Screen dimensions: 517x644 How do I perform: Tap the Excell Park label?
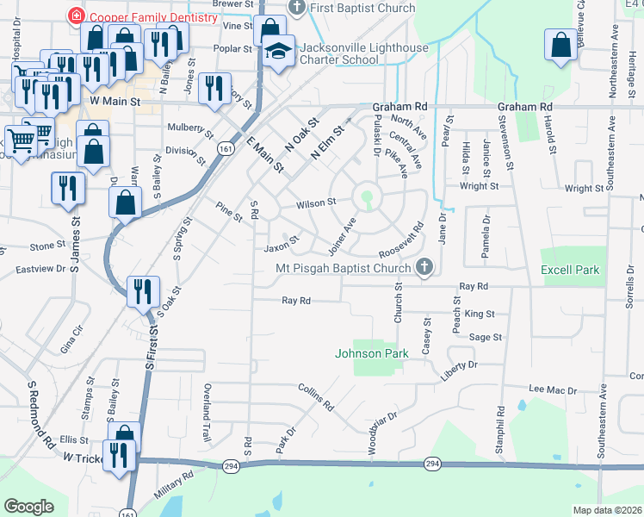569,270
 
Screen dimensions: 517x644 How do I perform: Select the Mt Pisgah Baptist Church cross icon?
424,268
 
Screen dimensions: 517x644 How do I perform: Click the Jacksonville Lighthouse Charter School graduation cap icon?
278,53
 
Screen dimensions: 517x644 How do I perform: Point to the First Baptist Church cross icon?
297,8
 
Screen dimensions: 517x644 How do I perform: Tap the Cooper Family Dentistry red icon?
76,16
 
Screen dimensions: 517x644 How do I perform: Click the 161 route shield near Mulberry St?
225,148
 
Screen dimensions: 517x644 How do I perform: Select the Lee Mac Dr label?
552,390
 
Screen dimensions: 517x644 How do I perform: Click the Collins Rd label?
316,397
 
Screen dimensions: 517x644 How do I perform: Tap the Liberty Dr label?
458,371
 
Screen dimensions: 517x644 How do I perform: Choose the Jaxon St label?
281,246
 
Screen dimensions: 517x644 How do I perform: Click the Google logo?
28,507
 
